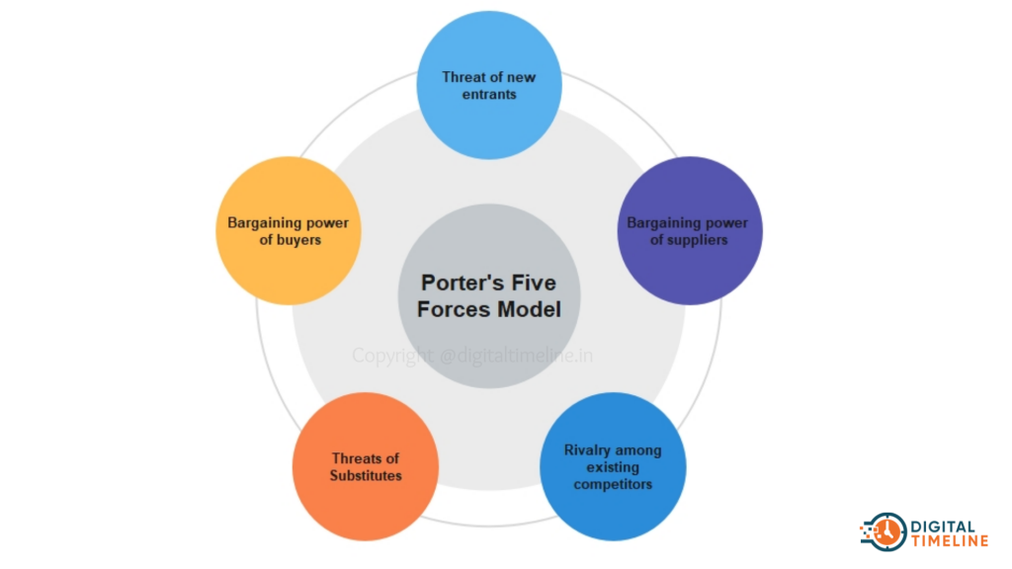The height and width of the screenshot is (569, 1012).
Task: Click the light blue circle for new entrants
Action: [489, 85]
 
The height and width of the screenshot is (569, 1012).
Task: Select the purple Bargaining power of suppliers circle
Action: [690, 231]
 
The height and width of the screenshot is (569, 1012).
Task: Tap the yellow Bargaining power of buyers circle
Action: [289, 231]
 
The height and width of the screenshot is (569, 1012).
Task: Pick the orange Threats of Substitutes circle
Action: [366, 466]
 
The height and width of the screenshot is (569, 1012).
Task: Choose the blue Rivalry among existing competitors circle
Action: [613, 466]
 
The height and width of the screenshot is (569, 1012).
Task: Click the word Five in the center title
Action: [534, 283]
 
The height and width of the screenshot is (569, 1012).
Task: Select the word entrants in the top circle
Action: [489, 94]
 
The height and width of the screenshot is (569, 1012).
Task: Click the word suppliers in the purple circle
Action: [698, 240]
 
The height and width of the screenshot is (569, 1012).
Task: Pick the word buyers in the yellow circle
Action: [298, 240]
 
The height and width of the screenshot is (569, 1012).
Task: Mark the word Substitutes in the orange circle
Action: [366, 475]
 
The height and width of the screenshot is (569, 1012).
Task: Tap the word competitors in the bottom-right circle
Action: [613, 484]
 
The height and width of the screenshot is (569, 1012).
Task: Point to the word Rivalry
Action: [587, 450]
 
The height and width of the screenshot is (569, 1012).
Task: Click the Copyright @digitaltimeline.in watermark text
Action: [472, 356]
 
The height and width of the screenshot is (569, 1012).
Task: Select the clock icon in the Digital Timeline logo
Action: [885, 532]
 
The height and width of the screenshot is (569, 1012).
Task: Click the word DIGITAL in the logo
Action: [944, 527]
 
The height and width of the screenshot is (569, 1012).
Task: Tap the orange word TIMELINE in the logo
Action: [950, 540]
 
